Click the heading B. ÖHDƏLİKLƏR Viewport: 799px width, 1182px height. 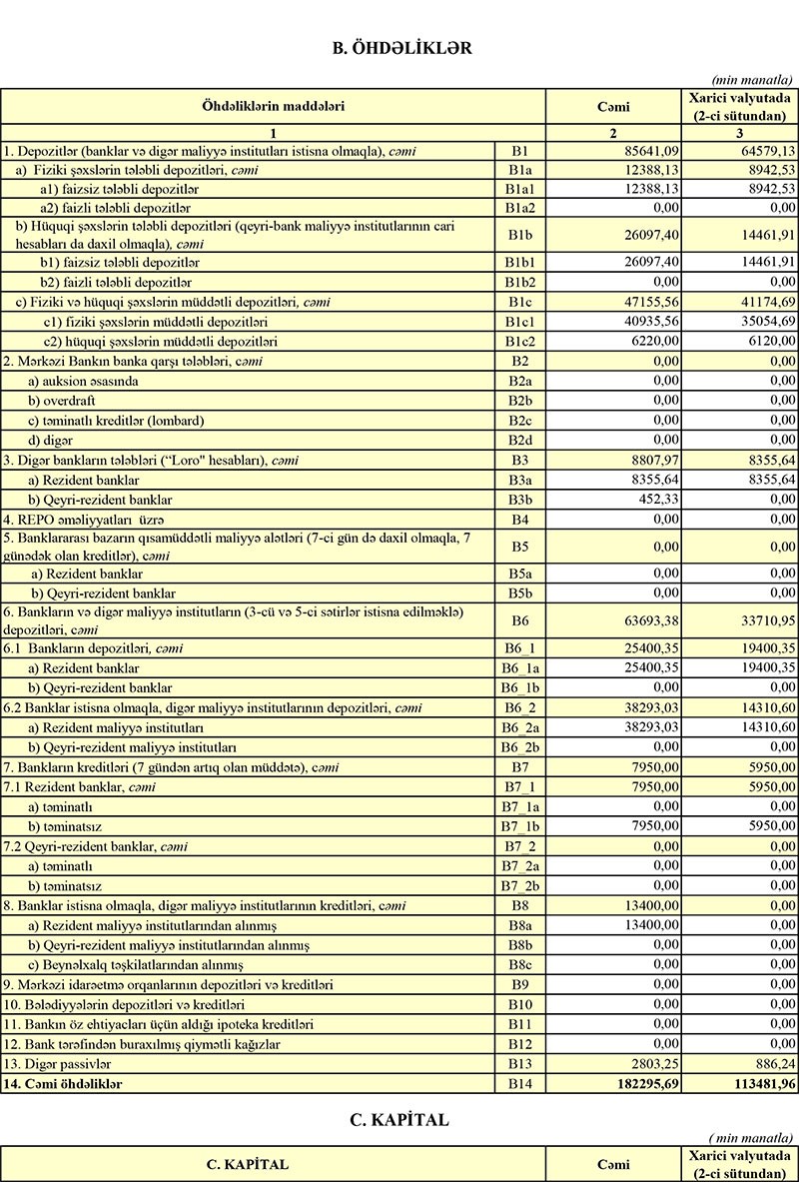click(399, 47)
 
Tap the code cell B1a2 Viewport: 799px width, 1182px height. click(519, 208)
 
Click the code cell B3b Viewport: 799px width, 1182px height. click(519, 500)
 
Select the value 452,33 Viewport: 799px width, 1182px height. click(658, 500)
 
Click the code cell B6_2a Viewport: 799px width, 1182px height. click(519, 727)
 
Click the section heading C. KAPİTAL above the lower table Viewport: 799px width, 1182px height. click(399, 1120)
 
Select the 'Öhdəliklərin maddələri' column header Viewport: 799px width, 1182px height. click(273, 105)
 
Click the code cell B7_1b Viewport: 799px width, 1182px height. click(519, 826)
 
